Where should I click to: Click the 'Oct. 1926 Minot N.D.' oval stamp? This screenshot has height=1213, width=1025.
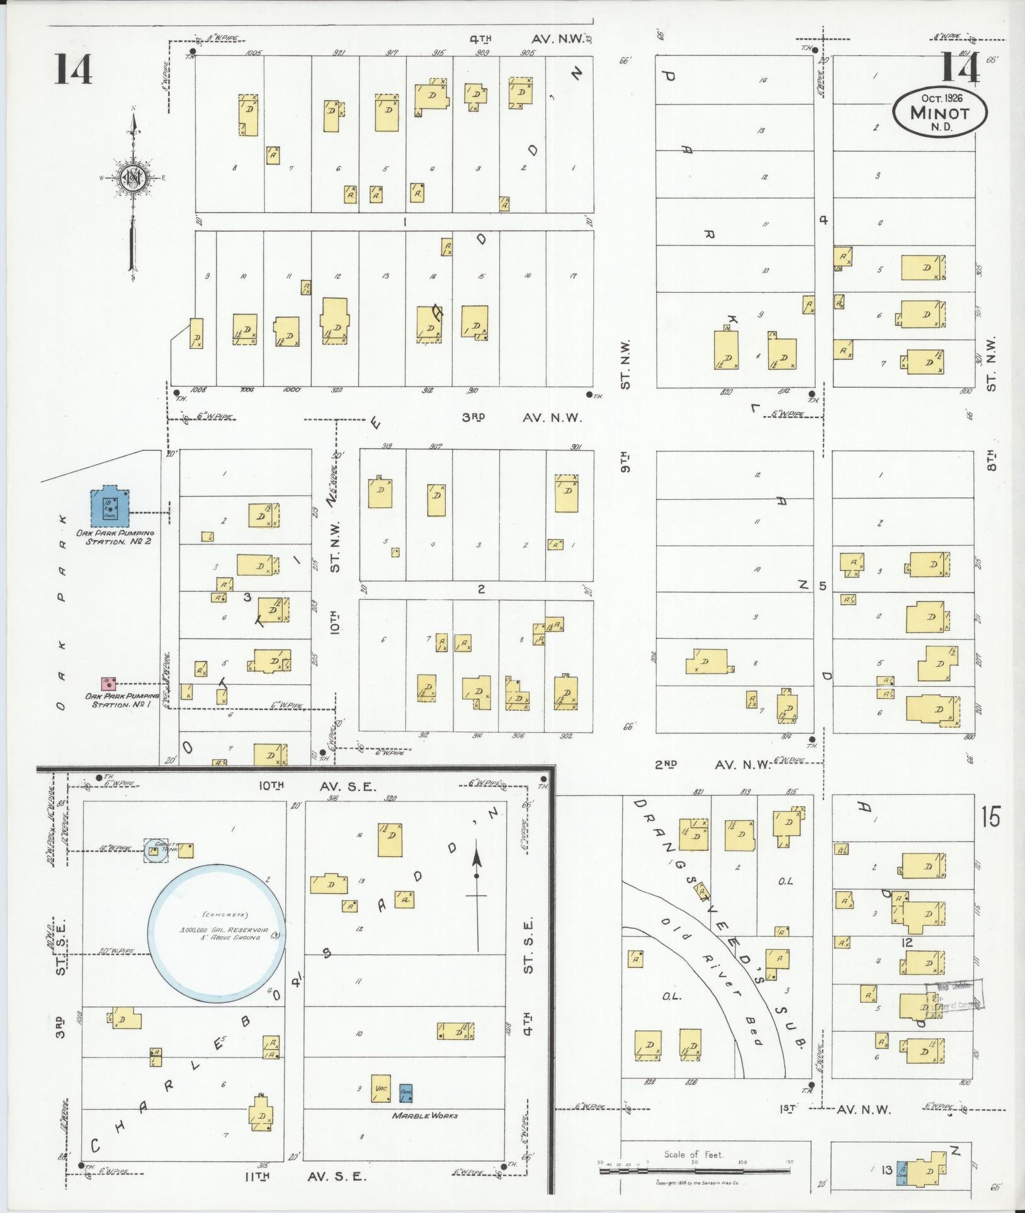pyautogui.click(x=939, y=111)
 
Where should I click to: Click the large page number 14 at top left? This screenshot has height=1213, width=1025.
pyautogui.click(x=73, y=69)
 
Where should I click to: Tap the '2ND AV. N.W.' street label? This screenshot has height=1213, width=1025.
pyautogui.click(x=712, y=764)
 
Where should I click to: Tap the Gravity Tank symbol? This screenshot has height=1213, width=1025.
pyautogui.click(x=153, y=851)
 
